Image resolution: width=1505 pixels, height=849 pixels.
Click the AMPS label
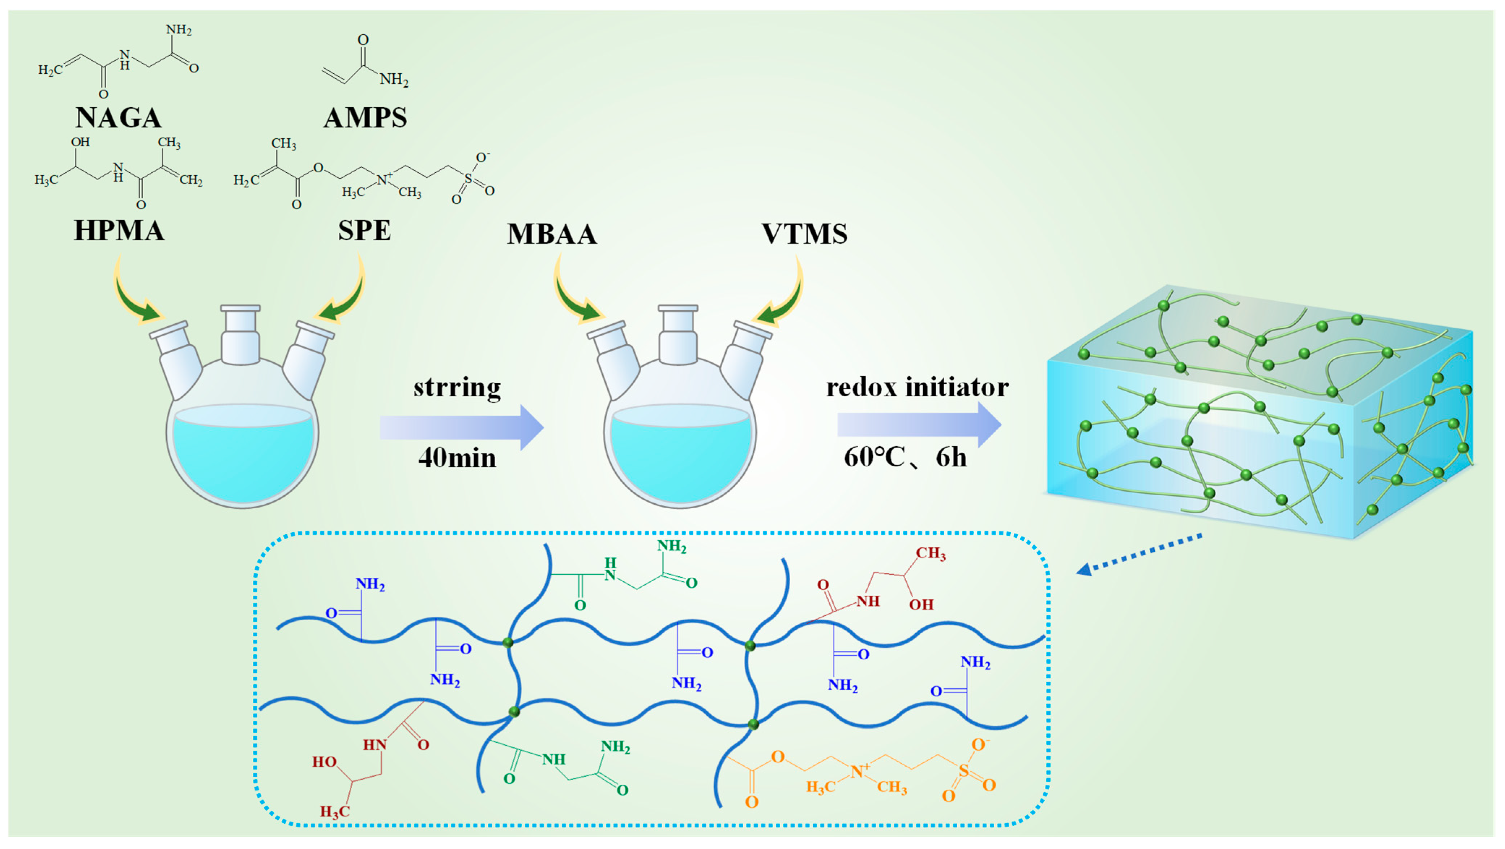click(x=365, y=118)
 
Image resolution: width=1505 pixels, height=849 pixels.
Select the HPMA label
click(x=119, y=230)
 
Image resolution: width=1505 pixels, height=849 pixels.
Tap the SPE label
click(x=364, y=230)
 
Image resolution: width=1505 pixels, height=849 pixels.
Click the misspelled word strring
click(x=457, y=387)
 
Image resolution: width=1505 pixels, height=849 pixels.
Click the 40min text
click(x=457, y=458)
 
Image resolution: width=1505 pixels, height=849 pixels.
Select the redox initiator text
click(x=917, y=387)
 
